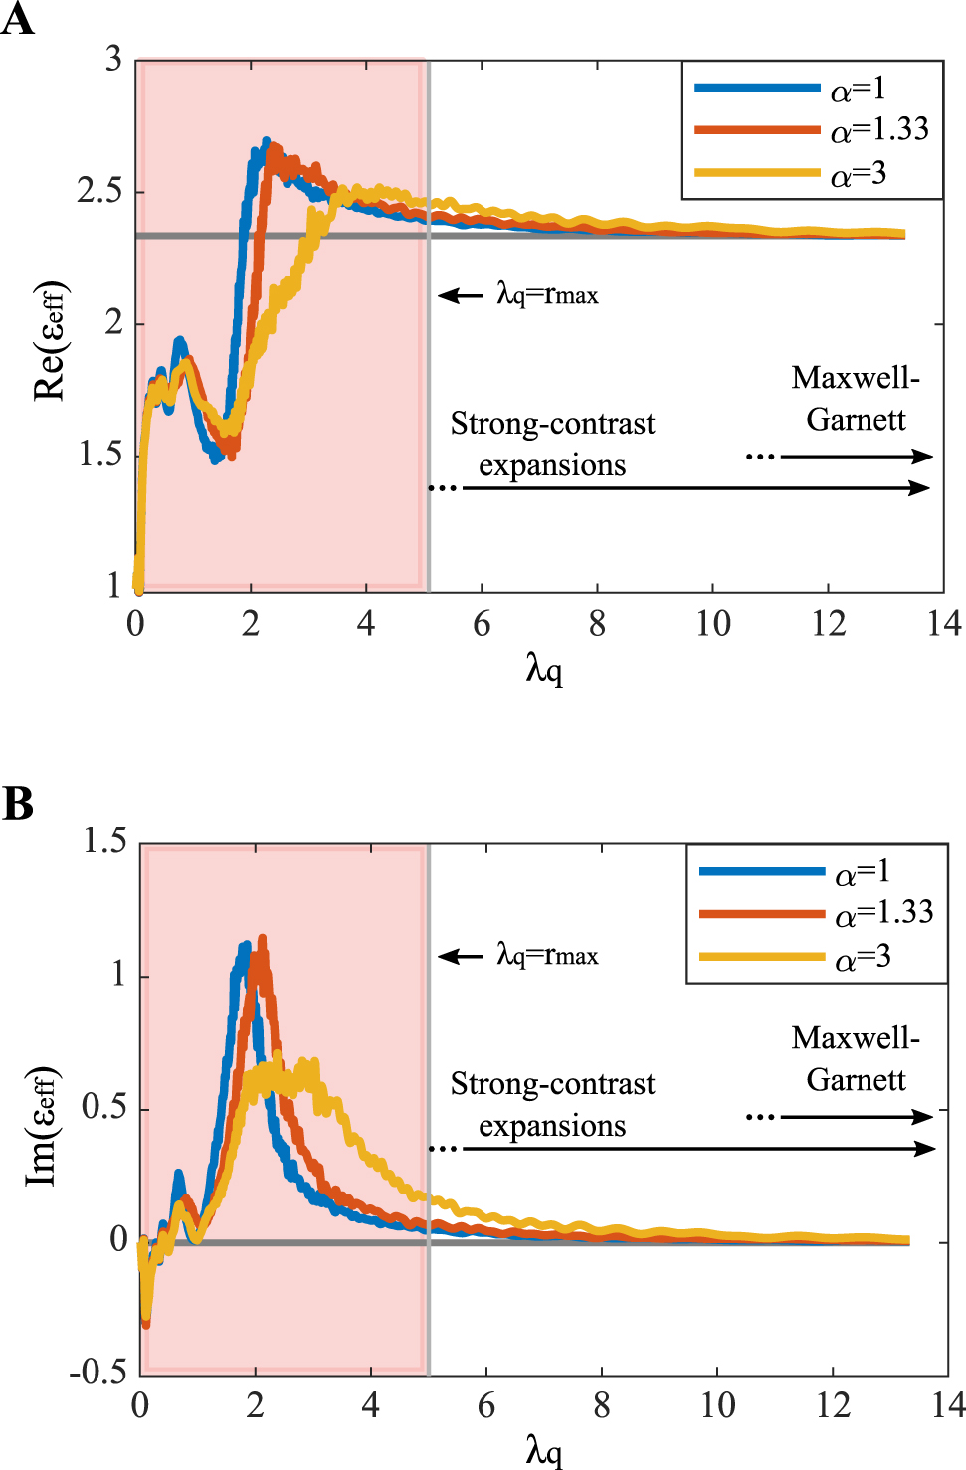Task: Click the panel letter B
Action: (17, 803)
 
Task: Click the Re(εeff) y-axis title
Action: (50, 341)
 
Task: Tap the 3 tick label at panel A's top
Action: (114, 60)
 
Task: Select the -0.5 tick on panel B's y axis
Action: (98, 1373)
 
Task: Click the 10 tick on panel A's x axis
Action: (712, 624)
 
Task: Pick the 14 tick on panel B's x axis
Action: (947, 1405)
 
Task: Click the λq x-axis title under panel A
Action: (544, 670)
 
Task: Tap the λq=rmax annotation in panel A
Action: (547, 294)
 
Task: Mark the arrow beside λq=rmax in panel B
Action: (460, 956)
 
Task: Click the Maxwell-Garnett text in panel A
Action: (856, 398)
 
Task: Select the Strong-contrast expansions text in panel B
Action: (552, 1104)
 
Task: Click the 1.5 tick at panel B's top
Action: (104, 841)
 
